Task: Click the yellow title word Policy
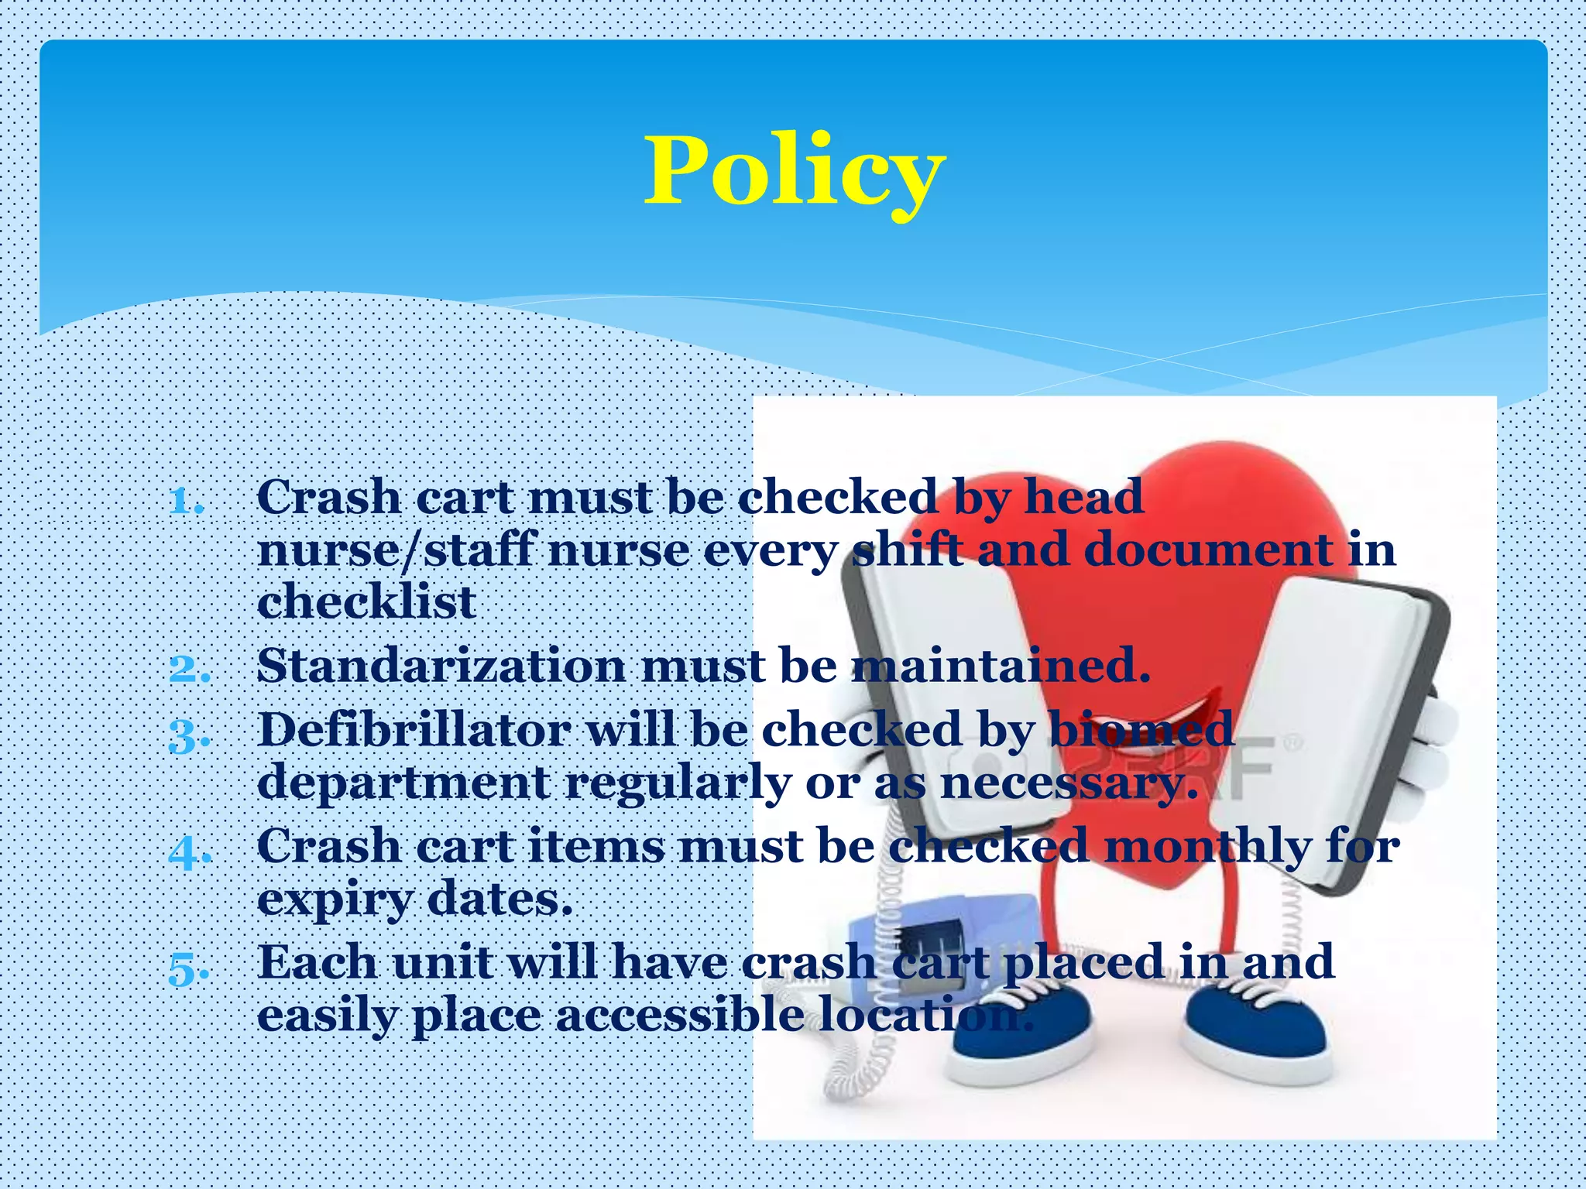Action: click(795, 172)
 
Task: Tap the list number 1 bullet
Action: click(187, 501)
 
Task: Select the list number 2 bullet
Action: click(189, 669)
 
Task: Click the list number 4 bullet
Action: click(189, 851)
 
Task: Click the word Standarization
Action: click(441, 666)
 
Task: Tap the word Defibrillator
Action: click(414, 730)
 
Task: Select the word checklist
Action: click(366, 602)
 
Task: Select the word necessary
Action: click(1069, 784)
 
